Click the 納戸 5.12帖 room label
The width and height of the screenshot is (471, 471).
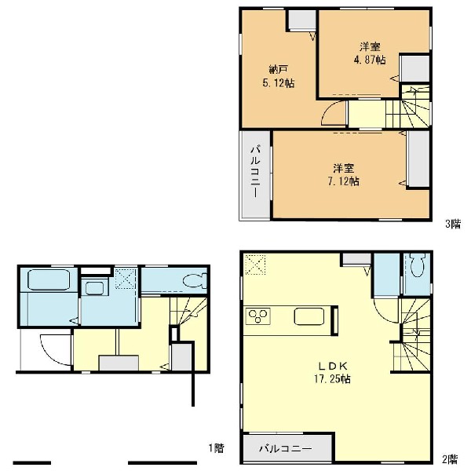tap(279, 77)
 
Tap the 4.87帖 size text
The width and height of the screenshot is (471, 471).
tap(370, 60)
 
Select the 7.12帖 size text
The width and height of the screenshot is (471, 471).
tap(343, 181)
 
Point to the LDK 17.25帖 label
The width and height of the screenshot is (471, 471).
tap(333, 373)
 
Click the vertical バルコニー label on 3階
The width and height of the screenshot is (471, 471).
tap(255, 171)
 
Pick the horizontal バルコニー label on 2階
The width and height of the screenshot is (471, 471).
tap(286, 449)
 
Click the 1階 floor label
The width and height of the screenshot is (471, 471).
tap(217, 448)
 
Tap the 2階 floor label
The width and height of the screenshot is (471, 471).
tap(450, 459)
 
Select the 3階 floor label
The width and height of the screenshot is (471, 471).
tap(452, 224)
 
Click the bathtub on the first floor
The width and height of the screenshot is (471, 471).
tap(49, 279)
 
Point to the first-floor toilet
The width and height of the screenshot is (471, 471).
tap(195, 281)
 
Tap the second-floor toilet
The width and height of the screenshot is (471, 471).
tap(417, 265)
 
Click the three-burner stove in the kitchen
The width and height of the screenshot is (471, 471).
tap(258, 316)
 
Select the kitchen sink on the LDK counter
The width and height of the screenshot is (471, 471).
tap(309, 316)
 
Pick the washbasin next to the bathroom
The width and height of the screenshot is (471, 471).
tap(94, 288)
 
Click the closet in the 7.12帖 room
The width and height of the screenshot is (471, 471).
tap(418, 159)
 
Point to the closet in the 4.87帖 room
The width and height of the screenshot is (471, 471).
tap(415, 68)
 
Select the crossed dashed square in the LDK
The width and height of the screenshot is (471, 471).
tap(255, 265)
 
